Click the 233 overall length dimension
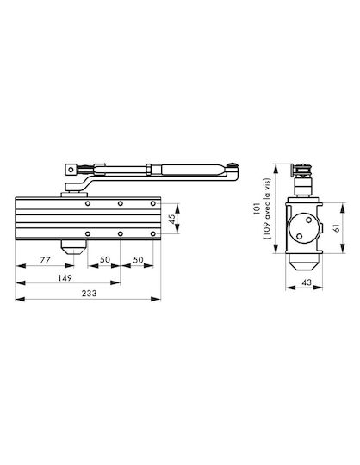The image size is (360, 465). tap(89, 294)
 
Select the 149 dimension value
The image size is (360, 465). tap(65, 278)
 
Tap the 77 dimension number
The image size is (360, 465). tap(45, 260)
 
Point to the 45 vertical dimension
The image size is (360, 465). tap(172, 219)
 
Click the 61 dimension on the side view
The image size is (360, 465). tap(337, 227)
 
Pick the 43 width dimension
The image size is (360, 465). tap(307, 282)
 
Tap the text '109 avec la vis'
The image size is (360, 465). tap(267, 208)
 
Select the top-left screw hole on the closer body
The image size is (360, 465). tap(88, 203)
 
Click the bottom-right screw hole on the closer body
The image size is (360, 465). tap(152, 234)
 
